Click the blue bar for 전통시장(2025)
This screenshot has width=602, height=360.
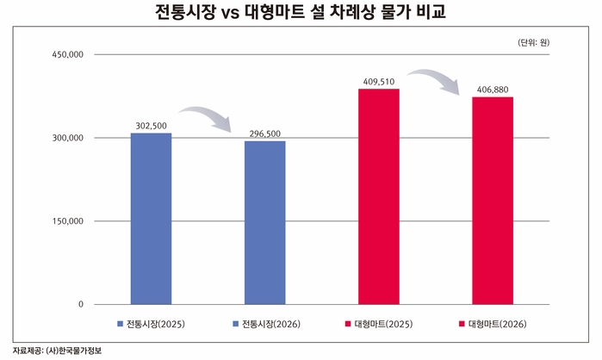tap(151, 219)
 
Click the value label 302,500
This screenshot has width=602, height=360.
tap(151, 126)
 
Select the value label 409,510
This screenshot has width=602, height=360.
tap(378, 82)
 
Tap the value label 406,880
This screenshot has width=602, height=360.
tap(492, 90)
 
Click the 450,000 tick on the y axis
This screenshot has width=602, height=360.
tap(67, 55)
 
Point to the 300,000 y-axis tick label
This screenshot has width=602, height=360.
tap(67, 138)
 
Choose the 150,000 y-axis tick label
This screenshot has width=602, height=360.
tap(67, 221)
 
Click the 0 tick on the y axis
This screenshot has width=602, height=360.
tap(80, 305)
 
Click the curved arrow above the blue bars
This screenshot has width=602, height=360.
tap(207, 117)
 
